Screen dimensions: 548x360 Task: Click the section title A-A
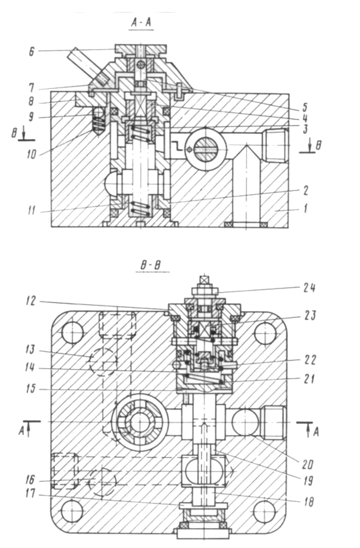pos(141,23)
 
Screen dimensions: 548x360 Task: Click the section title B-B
pos(150,265)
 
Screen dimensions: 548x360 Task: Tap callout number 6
pos(32,51)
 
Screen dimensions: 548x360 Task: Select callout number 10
pos(32,154)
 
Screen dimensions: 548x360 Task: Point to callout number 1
pos(305,208)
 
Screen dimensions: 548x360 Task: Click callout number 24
pos(310,288)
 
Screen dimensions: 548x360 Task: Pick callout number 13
pos(30,349)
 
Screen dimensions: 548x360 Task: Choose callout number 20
pos(308,465)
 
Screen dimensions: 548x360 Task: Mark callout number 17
pos(30,493)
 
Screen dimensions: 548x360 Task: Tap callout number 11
pos(32,211)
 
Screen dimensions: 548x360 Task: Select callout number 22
pos(310,360)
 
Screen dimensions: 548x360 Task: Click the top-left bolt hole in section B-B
pos(73,332)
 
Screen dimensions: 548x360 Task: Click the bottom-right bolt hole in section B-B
pos(264,511)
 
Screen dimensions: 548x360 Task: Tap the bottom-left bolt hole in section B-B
pos(72,511)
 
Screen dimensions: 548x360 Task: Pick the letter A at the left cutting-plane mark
pos(21,430)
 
